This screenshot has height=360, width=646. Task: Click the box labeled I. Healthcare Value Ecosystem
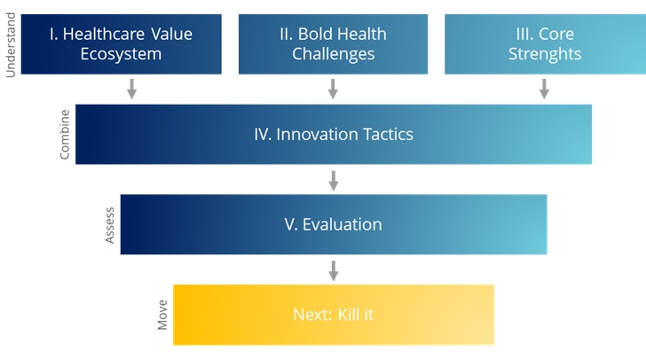(x=120, y=44)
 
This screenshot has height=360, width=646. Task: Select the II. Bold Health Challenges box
(x=333, y=44)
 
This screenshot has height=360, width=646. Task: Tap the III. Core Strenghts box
(x=544, y=44)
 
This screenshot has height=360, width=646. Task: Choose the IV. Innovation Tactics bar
(x=333, y=134)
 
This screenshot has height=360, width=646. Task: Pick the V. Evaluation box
(x=333, y=224)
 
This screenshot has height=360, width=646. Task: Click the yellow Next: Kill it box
(x=333, y=315)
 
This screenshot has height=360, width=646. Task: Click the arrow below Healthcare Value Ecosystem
(x=131, y=89)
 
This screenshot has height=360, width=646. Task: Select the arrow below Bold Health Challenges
(x=333, y=89)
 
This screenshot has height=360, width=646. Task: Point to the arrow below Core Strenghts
(x=544, y=89)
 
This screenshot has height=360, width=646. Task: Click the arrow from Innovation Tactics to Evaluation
(x=333, y=180)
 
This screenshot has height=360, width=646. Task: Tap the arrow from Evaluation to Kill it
(x=333, y=270)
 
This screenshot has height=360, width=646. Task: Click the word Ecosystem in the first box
(x=120, y=54)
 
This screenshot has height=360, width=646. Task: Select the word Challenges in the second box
(x=333, y=54)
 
